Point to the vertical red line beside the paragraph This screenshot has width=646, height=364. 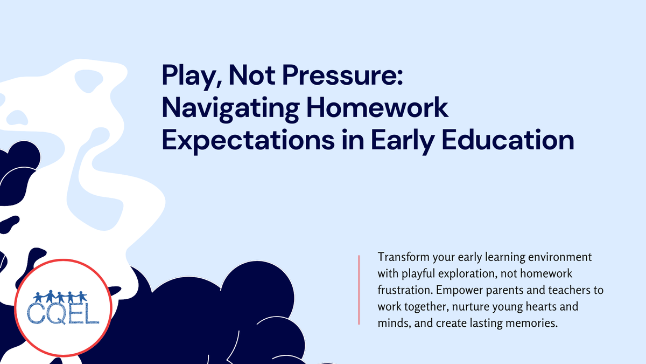[359, 290]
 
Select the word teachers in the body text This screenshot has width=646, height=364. [567, 290]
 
